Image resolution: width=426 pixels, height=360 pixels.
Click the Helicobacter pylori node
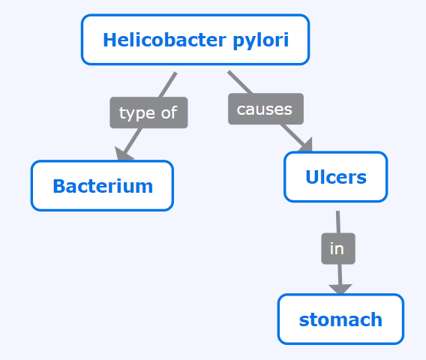[x=195, y=40]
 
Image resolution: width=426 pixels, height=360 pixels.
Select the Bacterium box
[x=102, y=186]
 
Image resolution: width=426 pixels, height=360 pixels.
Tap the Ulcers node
[x=335, y=177]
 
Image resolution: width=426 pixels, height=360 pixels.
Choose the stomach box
[x=340, y=319]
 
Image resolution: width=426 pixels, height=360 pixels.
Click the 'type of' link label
[x=148, y=112]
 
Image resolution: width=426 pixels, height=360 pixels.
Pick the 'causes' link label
[x=265, y=109]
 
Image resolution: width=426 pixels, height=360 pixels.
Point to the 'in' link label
[x=338, y=248]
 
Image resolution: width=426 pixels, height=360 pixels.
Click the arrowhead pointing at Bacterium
[x=124, y=154]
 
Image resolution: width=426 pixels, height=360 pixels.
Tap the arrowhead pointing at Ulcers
[x=306, y=145]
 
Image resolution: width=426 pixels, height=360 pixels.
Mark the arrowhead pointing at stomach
[x=340, y=289]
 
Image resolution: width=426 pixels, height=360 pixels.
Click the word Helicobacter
[x=164, y=40]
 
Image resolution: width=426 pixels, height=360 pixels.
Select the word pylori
[x=261, y=40]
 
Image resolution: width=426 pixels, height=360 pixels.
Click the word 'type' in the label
[x=137, y=113]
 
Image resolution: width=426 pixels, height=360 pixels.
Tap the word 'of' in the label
[x=169, y=112]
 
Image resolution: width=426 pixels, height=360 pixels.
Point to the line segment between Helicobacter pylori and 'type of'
[x=168, y=85]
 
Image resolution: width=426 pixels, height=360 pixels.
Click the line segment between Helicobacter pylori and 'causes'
[x=240, y=82]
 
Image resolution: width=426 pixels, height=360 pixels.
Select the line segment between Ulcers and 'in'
[x=338, y=222]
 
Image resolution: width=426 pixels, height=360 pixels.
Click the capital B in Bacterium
[x=59, y=186]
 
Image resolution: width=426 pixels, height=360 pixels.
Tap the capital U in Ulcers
[x=312, y=176]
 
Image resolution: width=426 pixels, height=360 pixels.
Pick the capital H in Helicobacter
[x=110, y=40]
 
